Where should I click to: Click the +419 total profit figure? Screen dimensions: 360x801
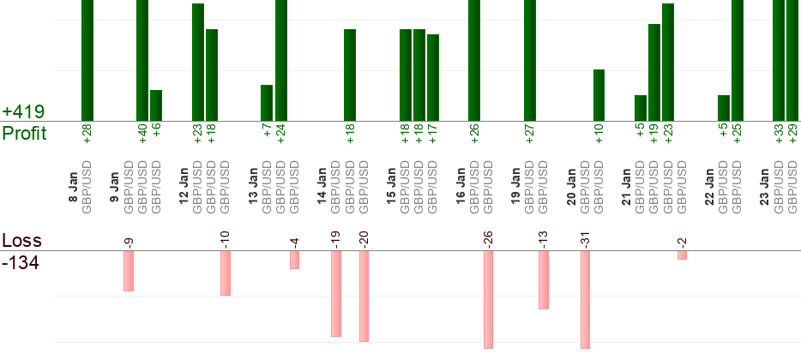point(24,112)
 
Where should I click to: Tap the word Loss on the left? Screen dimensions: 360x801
point(21,241)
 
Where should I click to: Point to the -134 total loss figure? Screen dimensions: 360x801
point(21,262)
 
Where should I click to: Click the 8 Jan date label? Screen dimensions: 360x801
point(74,185)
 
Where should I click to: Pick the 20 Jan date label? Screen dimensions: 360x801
point(571,185)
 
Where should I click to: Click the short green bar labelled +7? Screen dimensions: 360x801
point(267,103)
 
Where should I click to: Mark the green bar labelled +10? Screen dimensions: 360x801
point(599,95)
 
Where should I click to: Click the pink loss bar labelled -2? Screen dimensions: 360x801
point(682,255)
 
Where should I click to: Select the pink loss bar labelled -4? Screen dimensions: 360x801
point(294,260)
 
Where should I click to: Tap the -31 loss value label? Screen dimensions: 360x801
point(586,240)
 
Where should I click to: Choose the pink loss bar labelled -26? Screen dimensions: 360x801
point(488,299)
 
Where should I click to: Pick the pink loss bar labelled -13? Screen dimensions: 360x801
point(543,279)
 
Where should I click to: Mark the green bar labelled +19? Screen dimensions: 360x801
point(654,72)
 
